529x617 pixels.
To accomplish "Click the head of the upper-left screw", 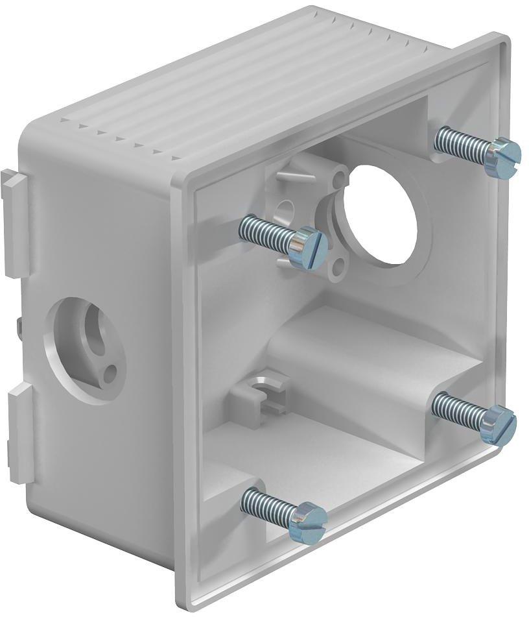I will [307, 248].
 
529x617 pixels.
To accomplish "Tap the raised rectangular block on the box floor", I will [363, 350].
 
